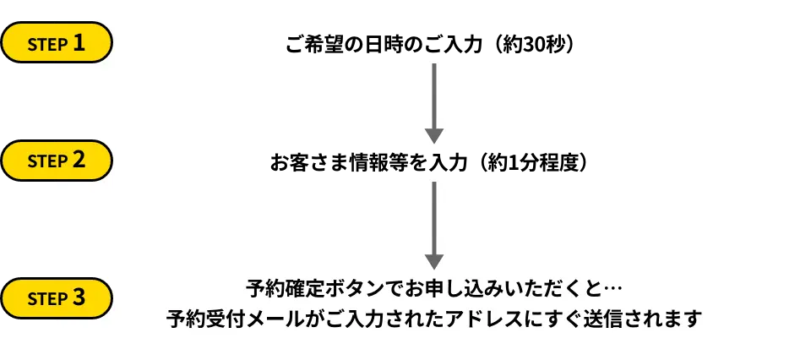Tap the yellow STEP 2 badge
click(x=57, y=161)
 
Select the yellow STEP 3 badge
click(x=57, y=298)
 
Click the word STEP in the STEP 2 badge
click(x=47, y=161)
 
